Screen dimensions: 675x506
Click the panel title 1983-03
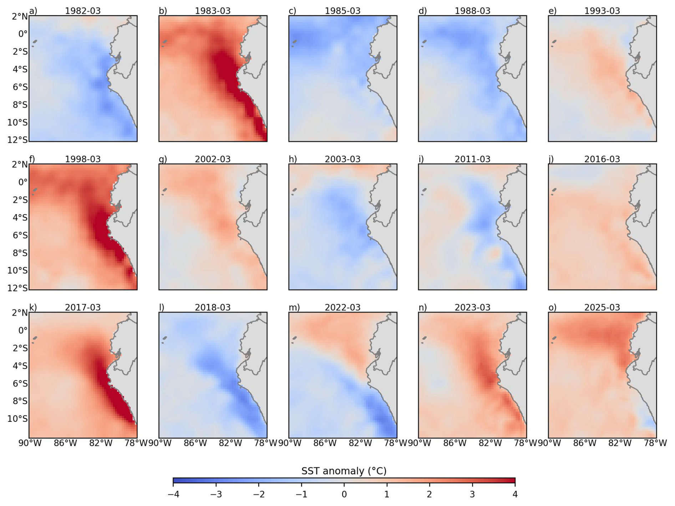pyautogui.click(x=213, y=11)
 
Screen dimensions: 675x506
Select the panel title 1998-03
pyautogui.click(x=83, y=159)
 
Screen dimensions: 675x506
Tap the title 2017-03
pyautogui.click(x=83, y=307)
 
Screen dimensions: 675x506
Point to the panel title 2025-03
pyautogui.click(x=602, y=307)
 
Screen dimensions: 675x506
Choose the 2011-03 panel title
pyautogui.click(x=472, y=159)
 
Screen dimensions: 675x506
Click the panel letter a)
pyautogui.click(x=33, y=11)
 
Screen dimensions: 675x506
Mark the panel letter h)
pyautogui.click(x=293, y=159)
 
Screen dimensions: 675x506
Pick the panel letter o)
pyautogui.click(x=552, y=307)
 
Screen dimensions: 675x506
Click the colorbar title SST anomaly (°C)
pyautogui.click(x=344, y=471)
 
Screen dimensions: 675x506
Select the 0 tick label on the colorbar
pyautogui.click(x=344, y=494)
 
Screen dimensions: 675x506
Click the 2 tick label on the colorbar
pyautogui.click(x=429, y=494)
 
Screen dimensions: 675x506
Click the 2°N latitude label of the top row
pyautogui.click(x=20, y=16)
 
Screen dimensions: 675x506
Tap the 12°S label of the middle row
pyautogui.click(x=17, y=288)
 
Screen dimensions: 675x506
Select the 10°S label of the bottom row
pyautogui.click(x=17, y=419)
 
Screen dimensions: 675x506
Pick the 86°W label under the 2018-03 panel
pyautogui.click(x=195, y=443)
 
